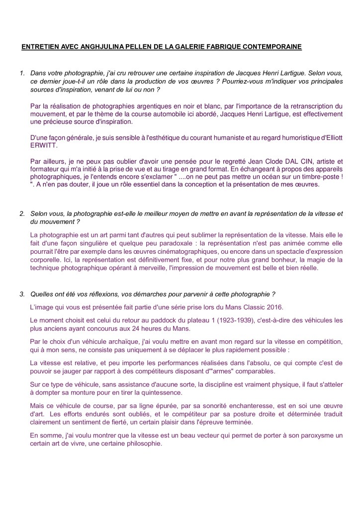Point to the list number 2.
click(x=22, y=213)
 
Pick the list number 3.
click(x=22, y=294)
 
